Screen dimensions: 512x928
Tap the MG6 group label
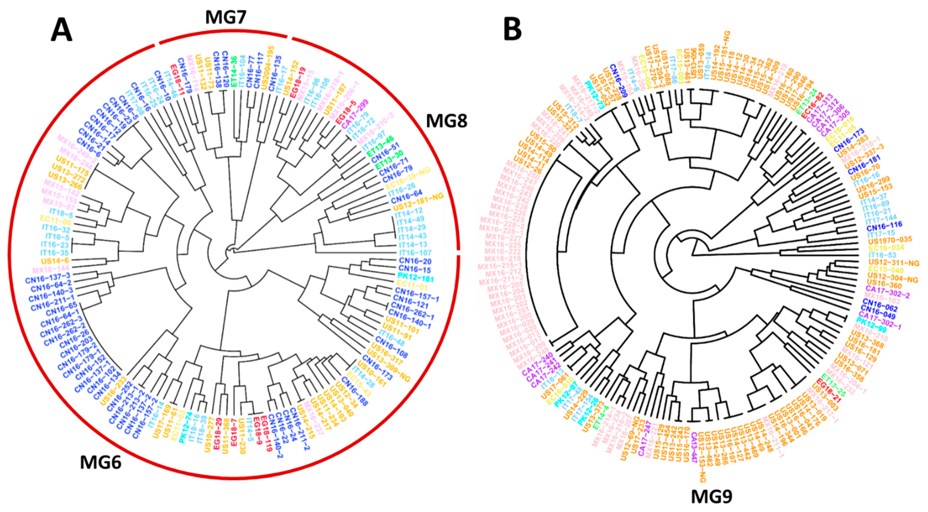coord(101,462)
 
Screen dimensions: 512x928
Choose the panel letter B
coord(512,30)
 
